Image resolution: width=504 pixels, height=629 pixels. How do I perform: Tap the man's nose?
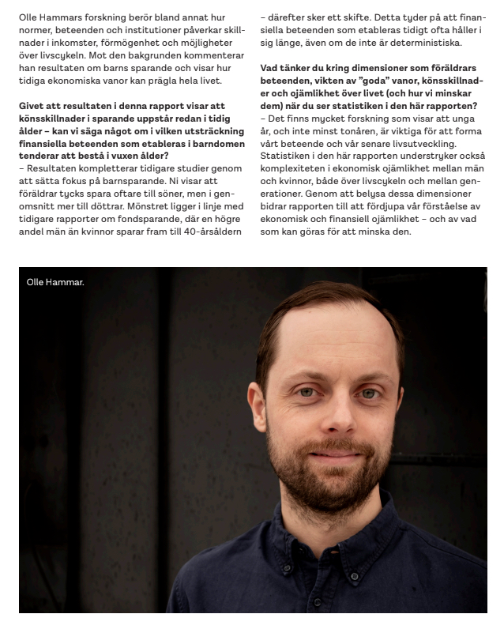[338, 412]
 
